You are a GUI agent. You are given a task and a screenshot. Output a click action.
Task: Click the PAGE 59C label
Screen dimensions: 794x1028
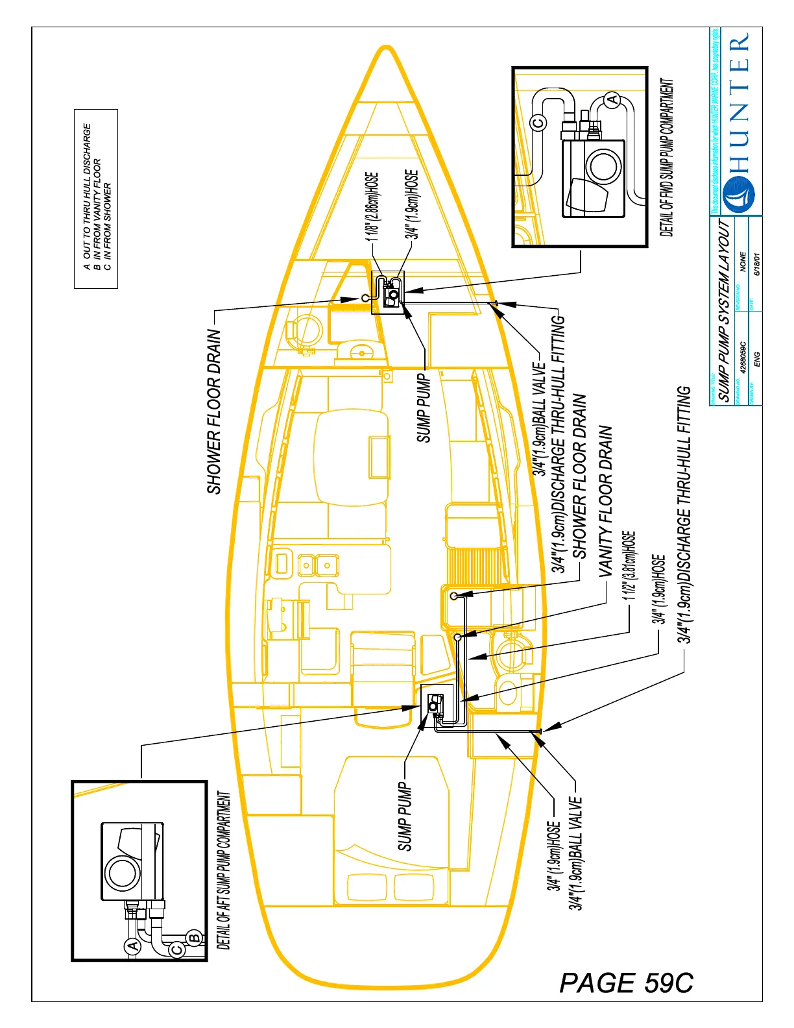pos(626,983)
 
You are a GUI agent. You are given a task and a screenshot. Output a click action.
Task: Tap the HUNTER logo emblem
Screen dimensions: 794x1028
pos(740,193)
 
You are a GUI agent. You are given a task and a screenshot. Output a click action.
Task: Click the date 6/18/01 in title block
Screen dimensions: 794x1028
pos(757,263)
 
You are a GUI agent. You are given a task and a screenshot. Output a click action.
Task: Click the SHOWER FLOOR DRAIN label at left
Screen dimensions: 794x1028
pos(215,411)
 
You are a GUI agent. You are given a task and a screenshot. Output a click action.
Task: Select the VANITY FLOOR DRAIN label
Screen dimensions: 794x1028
pos(605,501)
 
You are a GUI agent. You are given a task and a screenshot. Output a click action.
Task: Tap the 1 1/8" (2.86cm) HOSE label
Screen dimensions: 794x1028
pos(372,206)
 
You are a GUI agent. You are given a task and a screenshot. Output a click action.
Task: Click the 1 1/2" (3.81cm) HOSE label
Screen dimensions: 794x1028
pos(629,566)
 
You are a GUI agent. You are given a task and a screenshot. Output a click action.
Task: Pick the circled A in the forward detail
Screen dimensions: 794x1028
pos(611,99)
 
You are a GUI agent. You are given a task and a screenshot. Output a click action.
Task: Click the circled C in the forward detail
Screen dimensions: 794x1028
pos(538,123)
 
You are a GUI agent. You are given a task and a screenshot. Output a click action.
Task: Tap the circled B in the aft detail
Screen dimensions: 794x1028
pos(193,938)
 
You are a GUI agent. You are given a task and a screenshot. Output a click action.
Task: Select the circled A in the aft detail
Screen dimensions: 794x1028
pos(132,946)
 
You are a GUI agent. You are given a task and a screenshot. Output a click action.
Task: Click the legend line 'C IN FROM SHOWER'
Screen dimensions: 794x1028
pos(107,225)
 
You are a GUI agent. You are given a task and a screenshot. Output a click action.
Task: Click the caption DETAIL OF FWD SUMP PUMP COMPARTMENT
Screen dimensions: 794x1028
pos(667,158)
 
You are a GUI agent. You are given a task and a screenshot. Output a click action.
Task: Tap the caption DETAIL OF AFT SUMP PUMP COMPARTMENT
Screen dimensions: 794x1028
pos(223,870)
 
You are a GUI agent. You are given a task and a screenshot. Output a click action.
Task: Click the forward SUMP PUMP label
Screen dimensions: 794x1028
pos(424,408)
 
